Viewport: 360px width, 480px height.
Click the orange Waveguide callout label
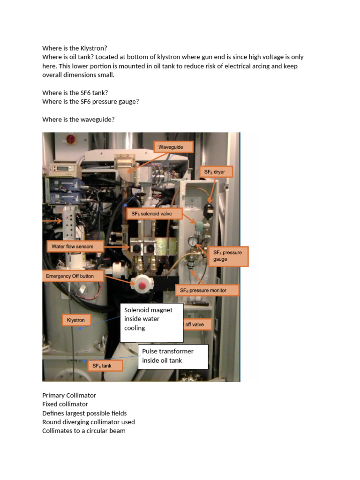[x=173, y=147]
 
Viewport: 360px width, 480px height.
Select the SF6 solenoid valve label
[x=155, y=214]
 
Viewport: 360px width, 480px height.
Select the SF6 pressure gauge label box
[x=228, y=255]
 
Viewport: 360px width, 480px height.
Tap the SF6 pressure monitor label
[x=207, y=290]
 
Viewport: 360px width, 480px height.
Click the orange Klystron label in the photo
[x=75, y=320]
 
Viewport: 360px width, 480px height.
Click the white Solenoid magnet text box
[x=151, y=323]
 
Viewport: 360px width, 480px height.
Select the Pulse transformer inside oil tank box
[x=172, y=356]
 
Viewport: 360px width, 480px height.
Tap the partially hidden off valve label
[x=197, y=324]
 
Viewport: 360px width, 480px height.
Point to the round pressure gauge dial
[x=192, y=241]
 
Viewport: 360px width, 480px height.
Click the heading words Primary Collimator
[x=69, y=395]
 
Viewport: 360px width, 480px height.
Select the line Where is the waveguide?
[x=78, y=120]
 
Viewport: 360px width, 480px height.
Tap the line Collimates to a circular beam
[x=83, y=430]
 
